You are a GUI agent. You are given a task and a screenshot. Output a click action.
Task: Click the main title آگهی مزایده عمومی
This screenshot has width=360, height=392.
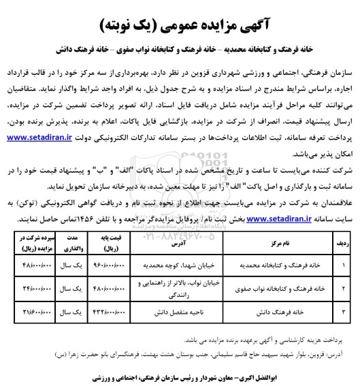(180, 24)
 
